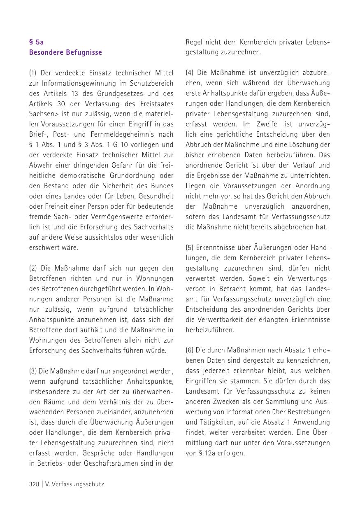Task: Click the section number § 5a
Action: point(36,42)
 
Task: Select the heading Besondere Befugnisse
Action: point(65,52)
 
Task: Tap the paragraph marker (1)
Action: point(33,73)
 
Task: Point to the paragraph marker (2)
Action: point(33,268)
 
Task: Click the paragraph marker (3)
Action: point(33,371)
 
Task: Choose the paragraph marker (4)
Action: point(189,72)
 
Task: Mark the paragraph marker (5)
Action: point(189,247)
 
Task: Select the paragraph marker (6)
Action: point(189,350)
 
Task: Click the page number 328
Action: point(34,484)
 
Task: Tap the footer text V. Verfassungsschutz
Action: point(74,484)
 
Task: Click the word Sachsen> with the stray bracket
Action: point(43,114)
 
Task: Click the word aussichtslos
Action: point(97,237)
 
